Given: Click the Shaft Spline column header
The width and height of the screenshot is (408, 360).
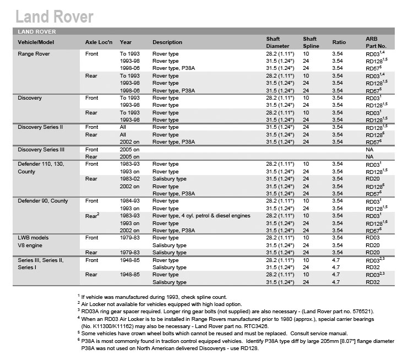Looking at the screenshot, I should point(310,42).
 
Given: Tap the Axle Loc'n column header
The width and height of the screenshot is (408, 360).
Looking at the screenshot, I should point(99,42).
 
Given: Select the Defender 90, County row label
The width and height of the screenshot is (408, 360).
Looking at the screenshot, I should point(43,201).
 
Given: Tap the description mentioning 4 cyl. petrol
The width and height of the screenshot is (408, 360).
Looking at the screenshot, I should point(201,216).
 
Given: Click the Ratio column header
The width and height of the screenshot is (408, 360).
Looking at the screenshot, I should point(339,42).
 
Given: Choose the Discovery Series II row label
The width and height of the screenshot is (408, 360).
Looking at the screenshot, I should point(40,127).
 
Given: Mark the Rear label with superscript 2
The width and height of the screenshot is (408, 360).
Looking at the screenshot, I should point(93,216).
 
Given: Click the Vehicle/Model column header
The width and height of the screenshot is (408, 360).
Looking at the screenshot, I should point(36,42).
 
